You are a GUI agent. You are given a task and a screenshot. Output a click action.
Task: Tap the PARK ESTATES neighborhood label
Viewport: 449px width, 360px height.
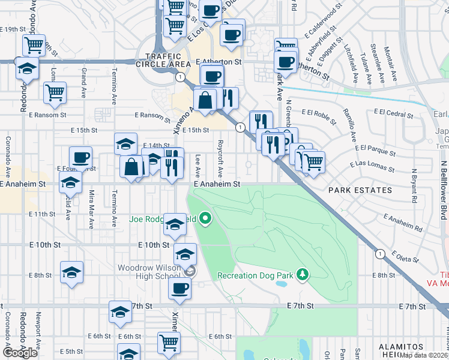(360, 190)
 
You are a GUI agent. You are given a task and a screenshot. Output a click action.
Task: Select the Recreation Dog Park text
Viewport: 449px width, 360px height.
(255, 275)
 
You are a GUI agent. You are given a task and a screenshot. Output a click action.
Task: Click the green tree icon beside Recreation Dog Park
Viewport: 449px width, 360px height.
(304, 275)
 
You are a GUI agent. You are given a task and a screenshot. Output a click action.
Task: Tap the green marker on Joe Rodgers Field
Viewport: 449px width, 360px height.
(206, 219)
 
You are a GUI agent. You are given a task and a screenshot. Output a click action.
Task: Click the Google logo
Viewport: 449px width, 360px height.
(20, 353)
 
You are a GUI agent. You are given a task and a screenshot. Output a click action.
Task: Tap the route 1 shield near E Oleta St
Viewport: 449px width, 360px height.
(380, 254)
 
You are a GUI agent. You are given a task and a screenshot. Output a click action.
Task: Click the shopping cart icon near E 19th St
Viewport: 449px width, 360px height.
(34, 44)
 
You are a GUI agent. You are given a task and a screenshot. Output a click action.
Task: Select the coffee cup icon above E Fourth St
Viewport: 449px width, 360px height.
(80, 158)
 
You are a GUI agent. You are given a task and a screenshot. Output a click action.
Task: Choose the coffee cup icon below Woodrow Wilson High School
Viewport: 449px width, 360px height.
(179, 288)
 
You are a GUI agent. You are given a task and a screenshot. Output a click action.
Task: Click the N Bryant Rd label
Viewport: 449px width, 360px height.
(414, 185)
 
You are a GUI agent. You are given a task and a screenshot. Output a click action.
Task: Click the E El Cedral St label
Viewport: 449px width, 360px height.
(393, 112)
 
